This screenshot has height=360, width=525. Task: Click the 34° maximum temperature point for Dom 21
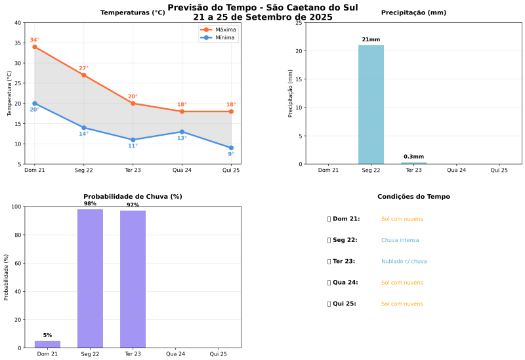[35, 47]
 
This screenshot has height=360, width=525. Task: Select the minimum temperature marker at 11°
[133, 140]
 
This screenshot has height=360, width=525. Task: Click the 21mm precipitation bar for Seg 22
[371, 105]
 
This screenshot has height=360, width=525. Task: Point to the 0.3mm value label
[413, 157]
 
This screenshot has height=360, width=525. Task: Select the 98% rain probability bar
[90, 279]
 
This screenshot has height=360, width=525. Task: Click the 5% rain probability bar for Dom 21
[47, 344]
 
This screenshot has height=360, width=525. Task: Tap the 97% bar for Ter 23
[133, 279]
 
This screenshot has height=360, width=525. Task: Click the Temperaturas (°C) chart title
[133, 12]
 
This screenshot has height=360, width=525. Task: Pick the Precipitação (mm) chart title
[413, 12]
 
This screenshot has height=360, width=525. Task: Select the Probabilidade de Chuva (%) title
[133, 197]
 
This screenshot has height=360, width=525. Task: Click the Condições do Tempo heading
[413, 197]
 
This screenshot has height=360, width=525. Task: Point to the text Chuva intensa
[400, 241]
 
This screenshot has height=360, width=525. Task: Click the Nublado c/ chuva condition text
[404, 262]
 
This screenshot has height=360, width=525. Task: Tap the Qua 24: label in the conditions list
[345, 283]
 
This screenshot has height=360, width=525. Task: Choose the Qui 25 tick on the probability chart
[218, 354]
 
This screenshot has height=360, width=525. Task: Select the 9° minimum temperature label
[230, 154]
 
